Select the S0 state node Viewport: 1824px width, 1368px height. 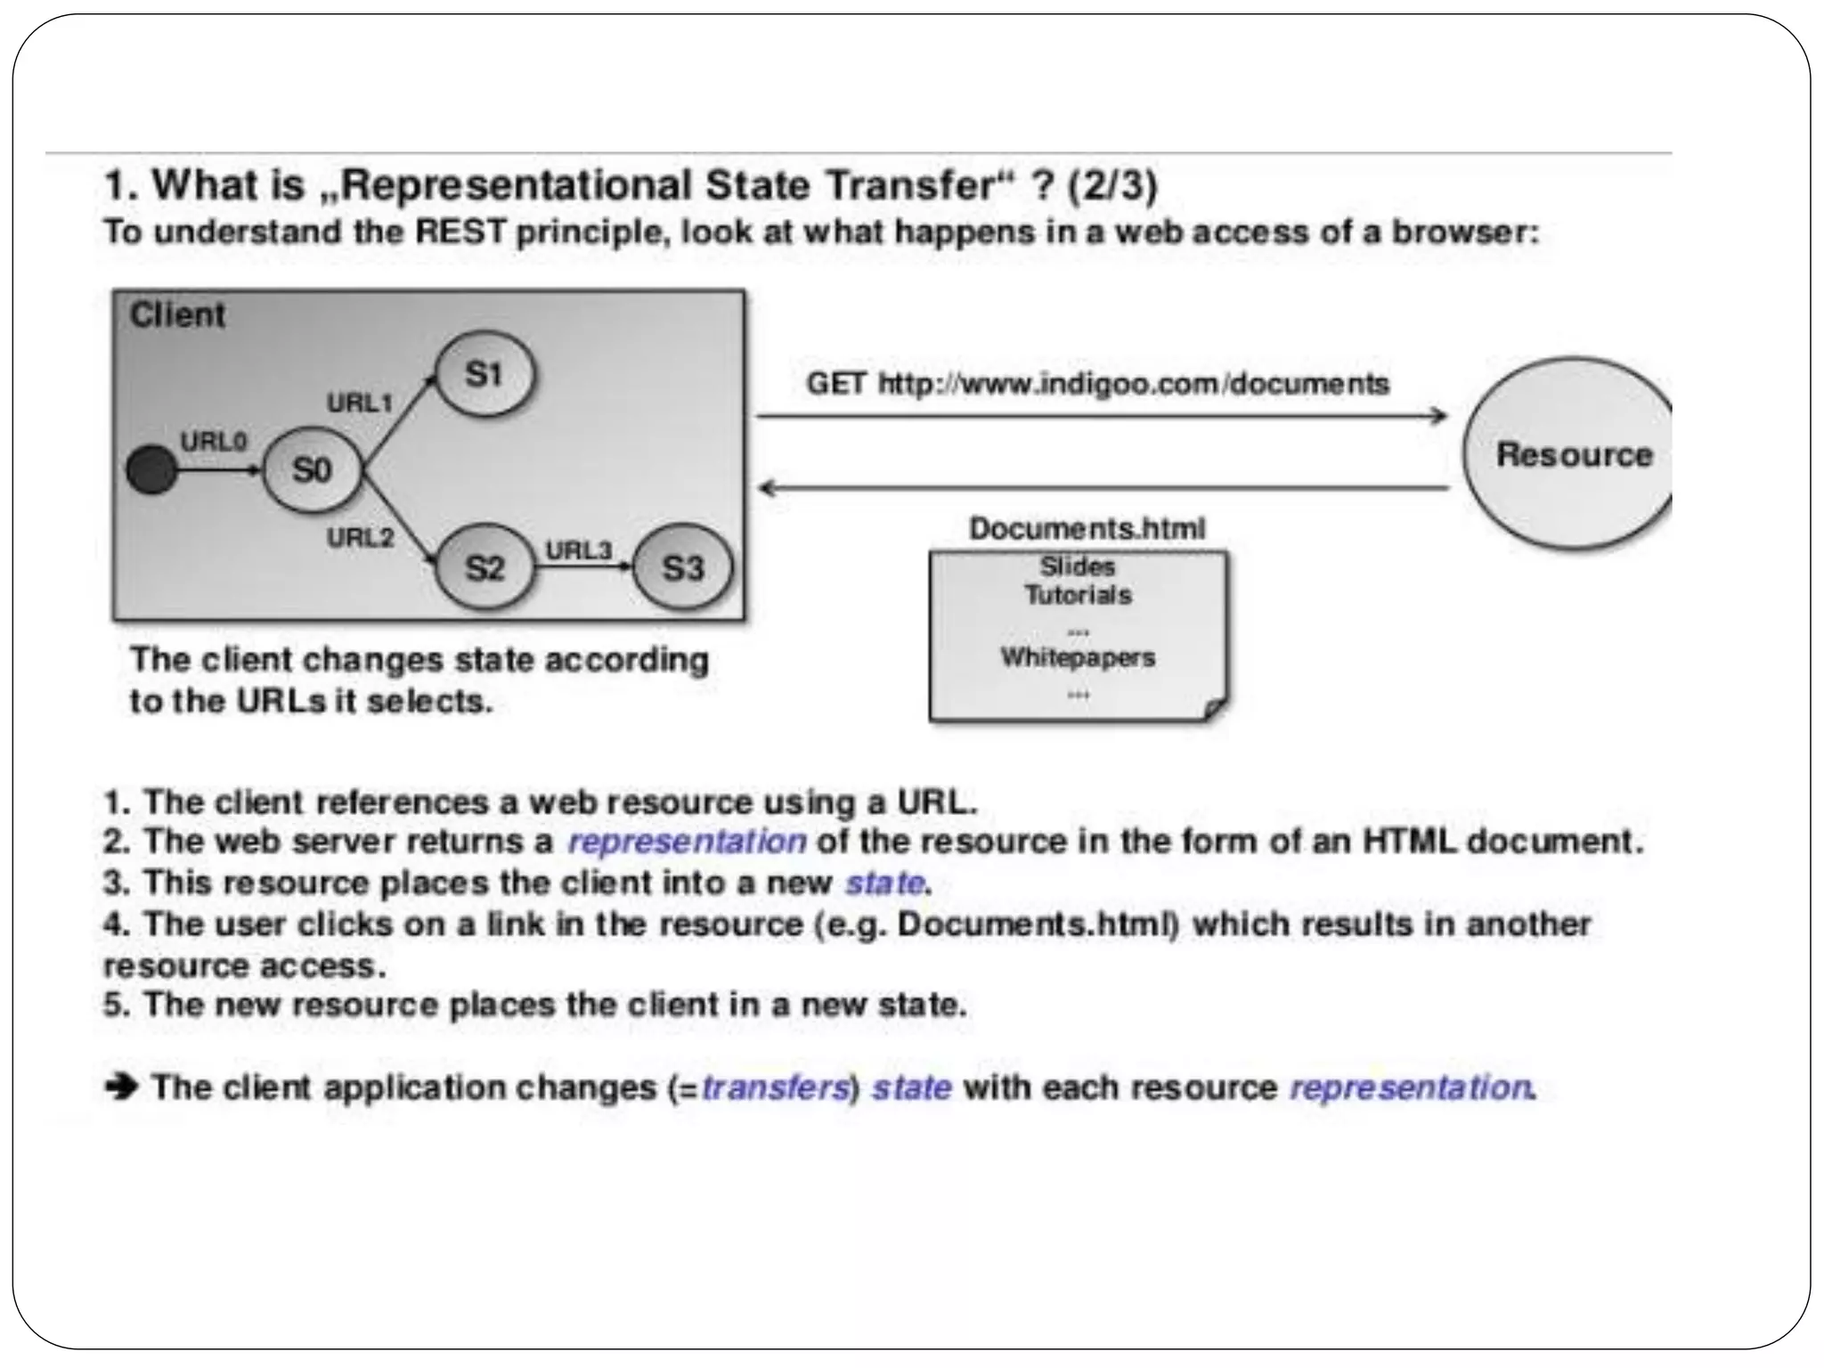(312, 470)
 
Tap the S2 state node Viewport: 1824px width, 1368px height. (484, 567)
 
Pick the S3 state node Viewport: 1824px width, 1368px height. (683, 567)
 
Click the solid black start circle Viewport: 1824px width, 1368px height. (151, 470)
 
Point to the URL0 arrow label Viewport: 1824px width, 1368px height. (214, 442)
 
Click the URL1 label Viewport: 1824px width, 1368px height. (360, 403)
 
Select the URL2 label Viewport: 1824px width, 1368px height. (360, 538)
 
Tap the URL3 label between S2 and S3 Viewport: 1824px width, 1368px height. (579, 550)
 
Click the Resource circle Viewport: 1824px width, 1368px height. (1572, 454)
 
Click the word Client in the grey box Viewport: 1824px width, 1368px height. (177, 315)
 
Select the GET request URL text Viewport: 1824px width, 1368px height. (1097, 384)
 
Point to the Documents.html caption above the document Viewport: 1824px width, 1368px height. (1087, 528)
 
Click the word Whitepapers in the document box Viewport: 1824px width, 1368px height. (1078, 657)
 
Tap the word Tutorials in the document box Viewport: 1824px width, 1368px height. (1078, 595)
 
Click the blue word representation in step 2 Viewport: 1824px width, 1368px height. (687, 842)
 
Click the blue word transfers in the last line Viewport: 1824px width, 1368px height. (775, 1087)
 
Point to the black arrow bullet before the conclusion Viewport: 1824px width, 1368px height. (121, 1087)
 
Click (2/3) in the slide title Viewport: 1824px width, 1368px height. (1112, 185)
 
